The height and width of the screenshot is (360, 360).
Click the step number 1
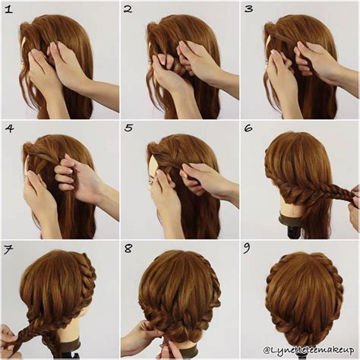pyautogui.click(x=8, y=9)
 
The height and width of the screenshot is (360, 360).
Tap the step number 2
pyautogui.click(x=128, y=9)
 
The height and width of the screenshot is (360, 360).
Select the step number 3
pyautogui.click(x=248, y=9)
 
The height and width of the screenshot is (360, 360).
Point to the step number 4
pyautogui.click(x=8, y=128)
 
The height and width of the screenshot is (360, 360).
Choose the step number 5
pyautogui.click(x=128, y=128)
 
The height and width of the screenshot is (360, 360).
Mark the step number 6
pyautogui.click(x=248, y=128)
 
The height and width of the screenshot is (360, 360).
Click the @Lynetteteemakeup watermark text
pyautogui.click(x=309, y=350)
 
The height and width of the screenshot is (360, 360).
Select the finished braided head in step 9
pyautogui.click(x=304, y=292)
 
